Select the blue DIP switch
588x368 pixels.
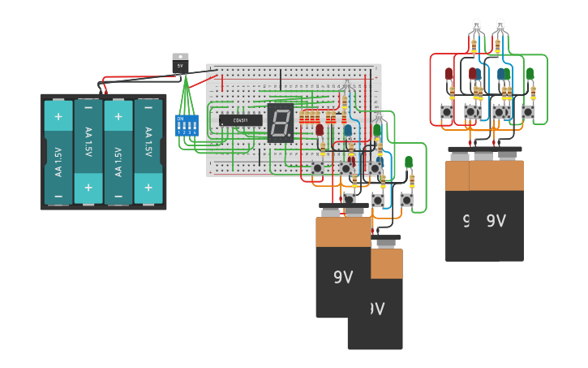(x=187, y=125)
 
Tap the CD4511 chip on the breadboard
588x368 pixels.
(x=240, y=120)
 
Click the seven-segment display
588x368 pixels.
(x=280, y=123)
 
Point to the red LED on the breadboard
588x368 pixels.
(x=320, y=129)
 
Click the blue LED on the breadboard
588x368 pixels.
(x=348, y=130)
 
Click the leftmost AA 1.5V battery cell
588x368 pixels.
(x=58, y=152)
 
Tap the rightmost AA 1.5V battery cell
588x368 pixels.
(x=148, y=152)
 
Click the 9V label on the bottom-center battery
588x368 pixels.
(x=344, y=277)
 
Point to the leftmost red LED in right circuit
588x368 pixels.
(x=449, y=74)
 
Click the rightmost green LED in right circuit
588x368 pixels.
(x=530, y=74)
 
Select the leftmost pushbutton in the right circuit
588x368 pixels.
(x=447, y=111)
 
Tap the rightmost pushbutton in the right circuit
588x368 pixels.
(x=528, y=111)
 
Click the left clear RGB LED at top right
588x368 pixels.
(x=476, y=25)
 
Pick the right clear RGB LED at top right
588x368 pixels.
(x=500, y=25)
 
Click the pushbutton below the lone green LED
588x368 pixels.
(x=406, y=200)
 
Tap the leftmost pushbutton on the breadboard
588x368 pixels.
(x=317, y=168)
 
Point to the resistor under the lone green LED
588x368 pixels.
(x=412, y=180)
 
